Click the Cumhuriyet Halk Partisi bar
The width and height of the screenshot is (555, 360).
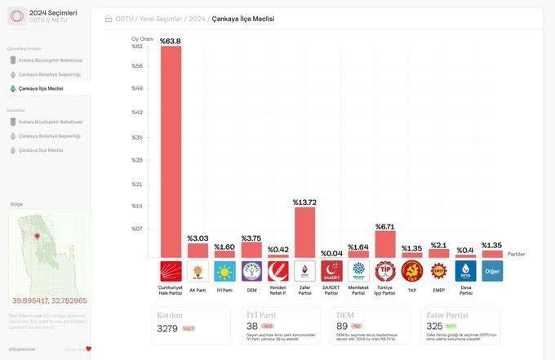171,151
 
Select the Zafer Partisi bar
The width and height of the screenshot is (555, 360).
304,233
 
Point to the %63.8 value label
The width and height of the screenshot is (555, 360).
171,40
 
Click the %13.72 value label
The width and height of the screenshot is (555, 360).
304,202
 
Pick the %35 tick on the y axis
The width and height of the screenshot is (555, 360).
137,138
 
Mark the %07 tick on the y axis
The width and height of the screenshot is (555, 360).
137,229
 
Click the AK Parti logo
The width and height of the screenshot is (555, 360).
198,271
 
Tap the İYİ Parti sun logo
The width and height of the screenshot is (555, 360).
224,271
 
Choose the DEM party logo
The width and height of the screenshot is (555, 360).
251,271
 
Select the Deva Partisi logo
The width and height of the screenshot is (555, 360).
465,271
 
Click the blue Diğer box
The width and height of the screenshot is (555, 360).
492,271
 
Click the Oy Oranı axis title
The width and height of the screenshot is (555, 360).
142,38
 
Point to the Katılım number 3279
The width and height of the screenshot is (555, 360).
167,328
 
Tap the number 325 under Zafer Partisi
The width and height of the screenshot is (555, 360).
435,327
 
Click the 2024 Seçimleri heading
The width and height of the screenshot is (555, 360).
52,13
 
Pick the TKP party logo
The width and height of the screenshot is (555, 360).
411,271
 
